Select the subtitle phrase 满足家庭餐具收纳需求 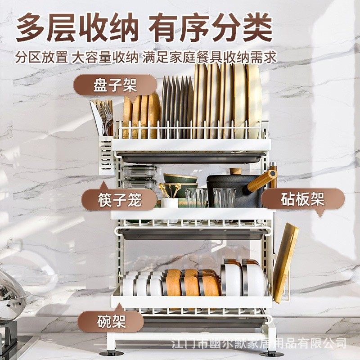point(209,58)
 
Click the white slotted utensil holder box point(105,155)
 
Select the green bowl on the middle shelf point(180,180)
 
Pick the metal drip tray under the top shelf point(189,157)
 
